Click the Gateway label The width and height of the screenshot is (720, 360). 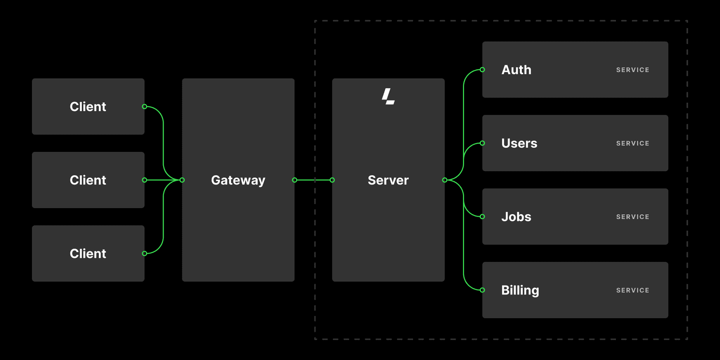tap(238, 180)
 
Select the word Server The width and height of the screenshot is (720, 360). tap(388, 180)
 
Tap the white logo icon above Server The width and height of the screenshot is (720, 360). tap(388, 97)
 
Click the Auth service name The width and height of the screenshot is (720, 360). tap(516, 70)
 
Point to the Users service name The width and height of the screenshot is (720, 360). tap(519, 143)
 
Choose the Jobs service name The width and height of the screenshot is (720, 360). tap(516, 217)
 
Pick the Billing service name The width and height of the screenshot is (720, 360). tap(520, 291)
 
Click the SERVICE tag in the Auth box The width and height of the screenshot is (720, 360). tap(632, 70)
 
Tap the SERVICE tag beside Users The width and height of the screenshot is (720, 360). tap(632, 143)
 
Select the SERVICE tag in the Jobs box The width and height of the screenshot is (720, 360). tap(632, 217)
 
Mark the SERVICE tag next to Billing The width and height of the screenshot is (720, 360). tap(632, 291)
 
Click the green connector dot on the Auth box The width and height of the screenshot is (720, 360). tap(482, 70)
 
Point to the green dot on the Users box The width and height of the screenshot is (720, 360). tap(482, 143)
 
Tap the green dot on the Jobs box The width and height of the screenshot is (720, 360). tap(482, 217)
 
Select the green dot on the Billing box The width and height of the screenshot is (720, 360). tap(482, 290)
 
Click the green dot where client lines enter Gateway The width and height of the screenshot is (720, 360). tap(182, 180)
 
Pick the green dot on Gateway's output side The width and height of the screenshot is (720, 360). tap(294, 180)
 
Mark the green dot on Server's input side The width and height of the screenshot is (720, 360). tap(332, 180)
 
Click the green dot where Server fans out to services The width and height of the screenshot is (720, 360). tap(444, 180)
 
